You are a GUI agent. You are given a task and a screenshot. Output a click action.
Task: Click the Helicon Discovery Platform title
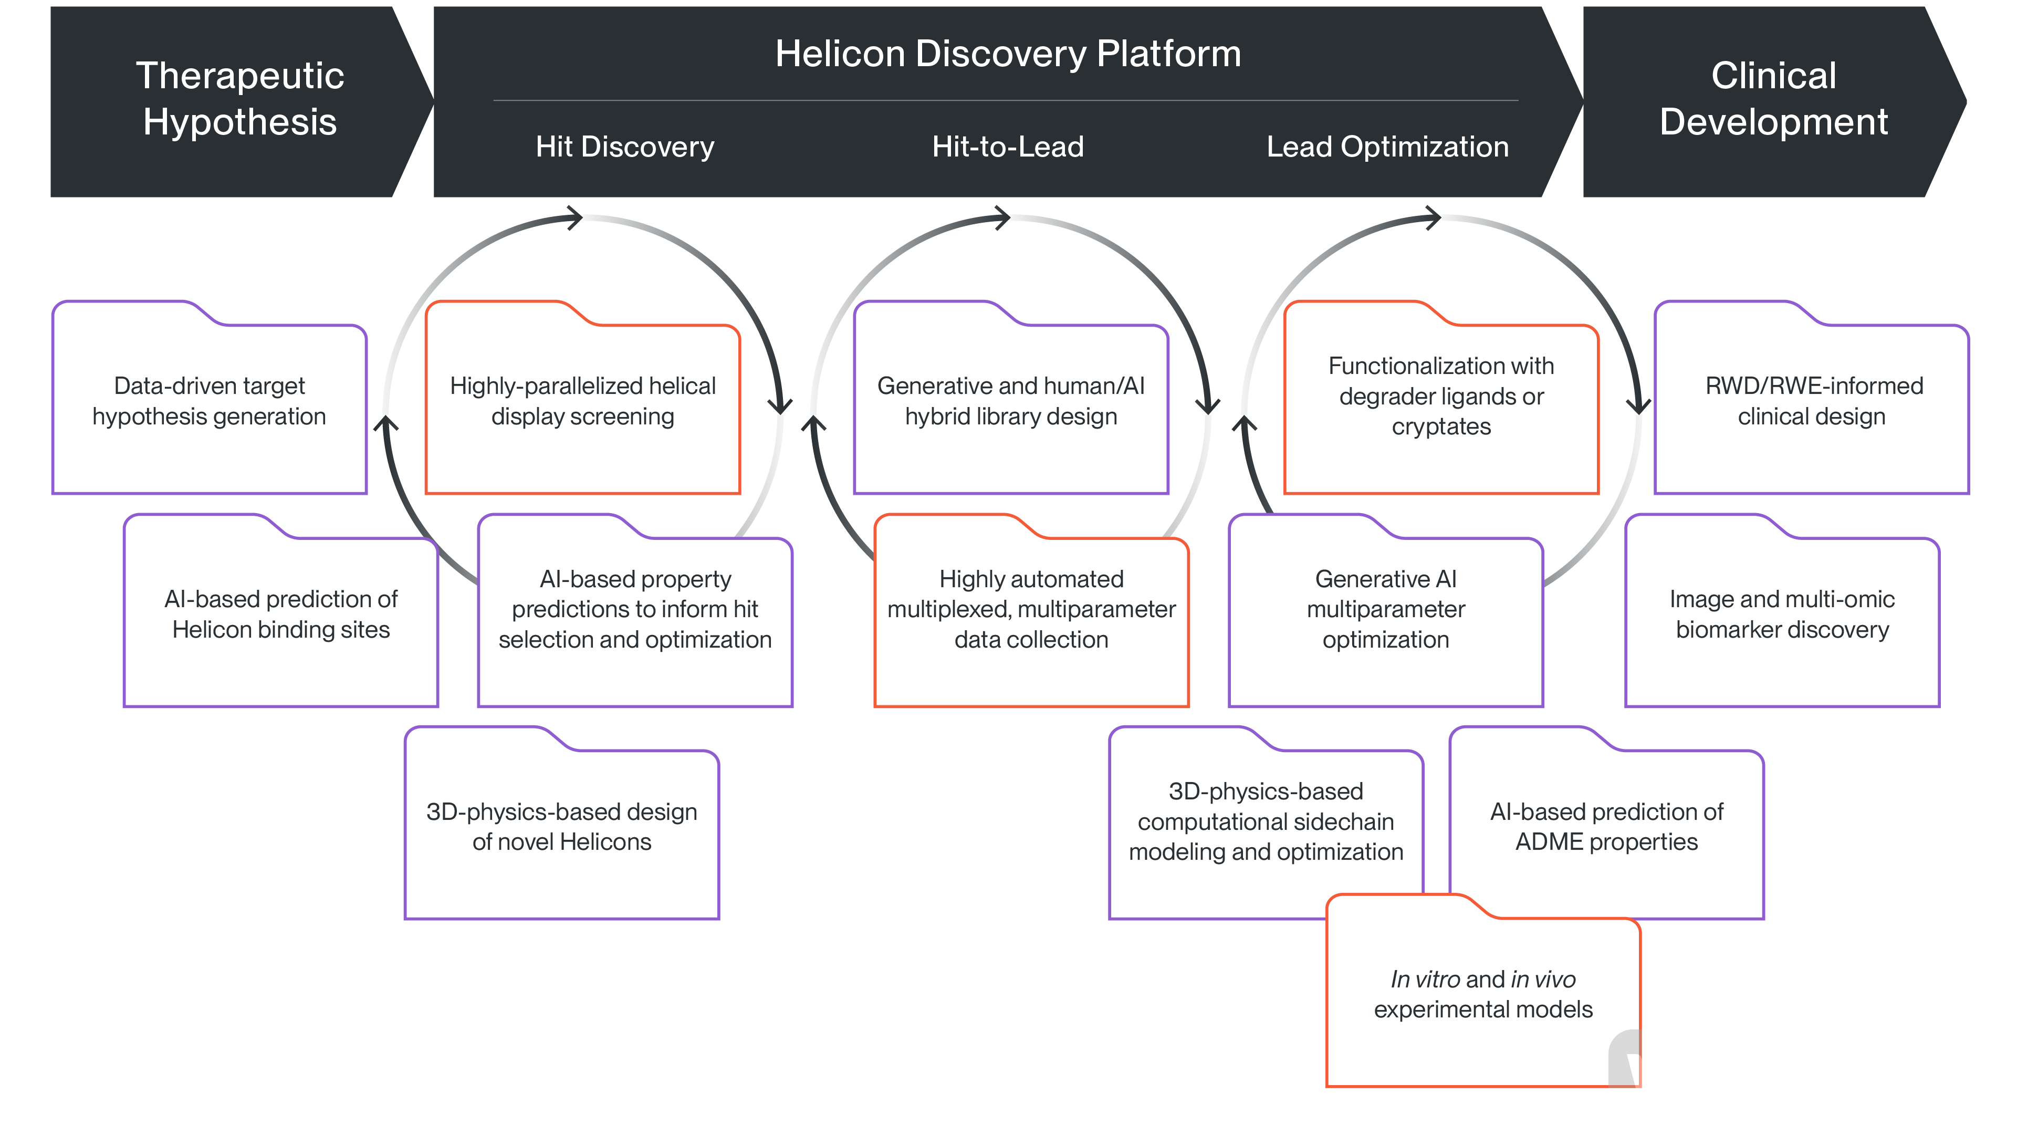point(1008,54)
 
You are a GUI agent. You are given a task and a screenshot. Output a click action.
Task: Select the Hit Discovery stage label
point(625,147)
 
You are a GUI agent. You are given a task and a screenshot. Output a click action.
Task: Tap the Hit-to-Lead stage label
point(1008,147)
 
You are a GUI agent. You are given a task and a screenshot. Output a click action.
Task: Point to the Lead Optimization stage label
point(1387,147)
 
